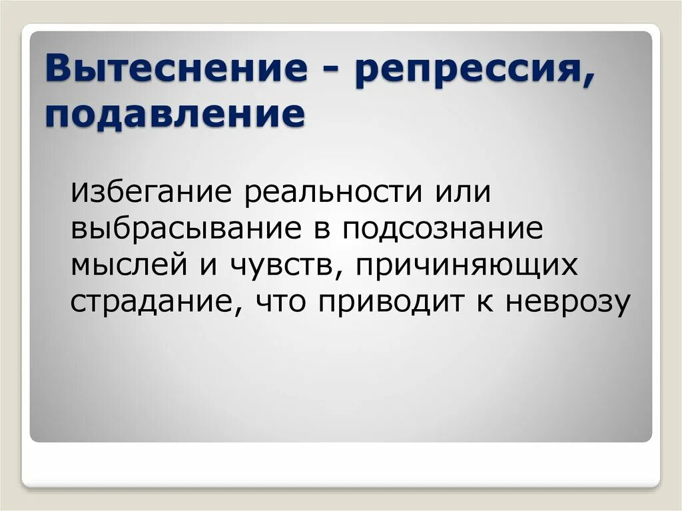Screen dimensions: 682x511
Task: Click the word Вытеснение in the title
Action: click(x=176, y=69)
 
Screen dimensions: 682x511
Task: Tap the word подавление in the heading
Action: click(x=175, y=115)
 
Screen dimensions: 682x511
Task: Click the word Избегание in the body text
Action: click(x=151, y=193)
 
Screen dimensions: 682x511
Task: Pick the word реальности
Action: click(x=333, y=193)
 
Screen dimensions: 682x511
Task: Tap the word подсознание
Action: click(x=442, y=229)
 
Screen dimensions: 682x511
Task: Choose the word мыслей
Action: click(x=129, y=266)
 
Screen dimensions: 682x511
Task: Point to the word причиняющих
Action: click(x=467, y=266)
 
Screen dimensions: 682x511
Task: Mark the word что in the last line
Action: click(x=280, y=302)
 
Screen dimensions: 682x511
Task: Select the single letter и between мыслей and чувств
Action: click(x=208, y=266)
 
